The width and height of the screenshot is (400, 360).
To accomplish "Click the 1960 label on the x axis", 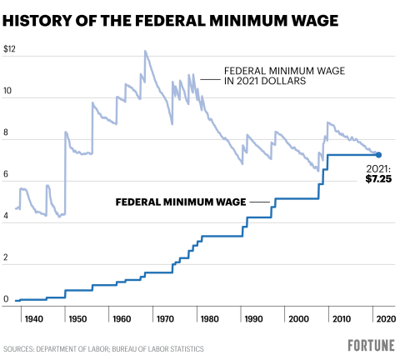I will click(121, 319).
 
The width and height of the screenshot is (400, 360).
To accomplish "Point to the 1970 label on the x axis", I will click(167, 319).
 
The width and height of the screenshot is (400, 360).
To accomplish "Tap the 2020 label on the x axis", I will click(382, 319).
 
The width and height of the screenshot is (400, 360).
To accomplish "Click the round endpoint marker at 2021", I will click(378, 155).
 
